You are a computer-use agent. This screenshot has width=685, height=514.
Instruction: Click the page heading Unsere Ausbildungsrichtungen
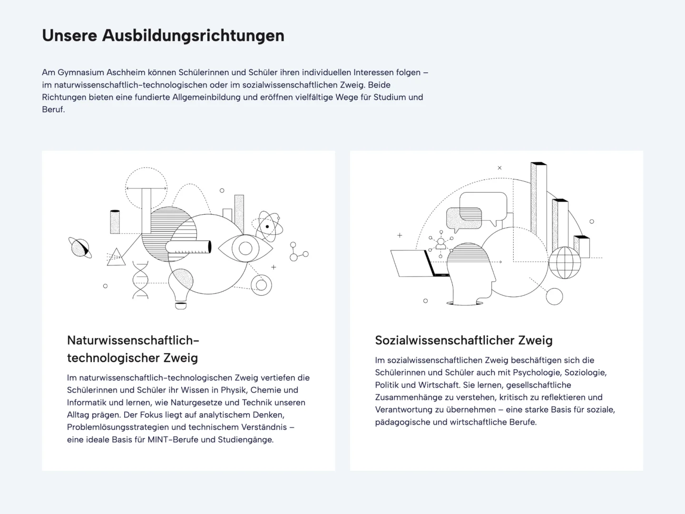tap(163, 35)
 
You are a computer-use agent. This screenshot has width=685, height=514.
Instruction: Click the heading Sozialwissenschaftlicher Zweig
tap(464, 340)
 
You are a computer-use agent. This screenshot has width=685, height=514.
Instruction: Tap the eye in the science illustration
tap(245, 248)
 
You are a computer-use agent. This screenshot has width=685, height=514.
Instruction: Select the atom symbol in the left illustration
tap(267, 227)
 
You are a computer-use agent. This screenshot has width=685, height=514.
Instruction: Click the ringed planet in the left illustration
tap(80, 248)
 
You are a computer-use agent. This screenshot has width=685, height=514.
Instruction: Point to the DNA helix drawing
tap(140, 280)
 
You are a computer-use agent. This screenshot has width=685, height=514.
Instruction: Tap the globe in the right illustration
tap(565, 262)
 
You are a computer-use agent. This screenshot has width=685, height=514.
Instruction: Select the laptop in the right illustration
tap(420, 263)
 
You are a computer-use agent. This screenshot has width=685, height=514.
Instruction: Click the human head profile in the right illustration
tap(470, 274)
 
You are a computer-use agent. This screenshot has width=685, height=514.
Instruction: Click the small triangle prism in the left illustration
tap(116, 257)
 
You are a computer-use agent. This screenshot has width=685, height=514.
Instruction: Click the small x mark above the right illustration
tap(499, 168)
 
